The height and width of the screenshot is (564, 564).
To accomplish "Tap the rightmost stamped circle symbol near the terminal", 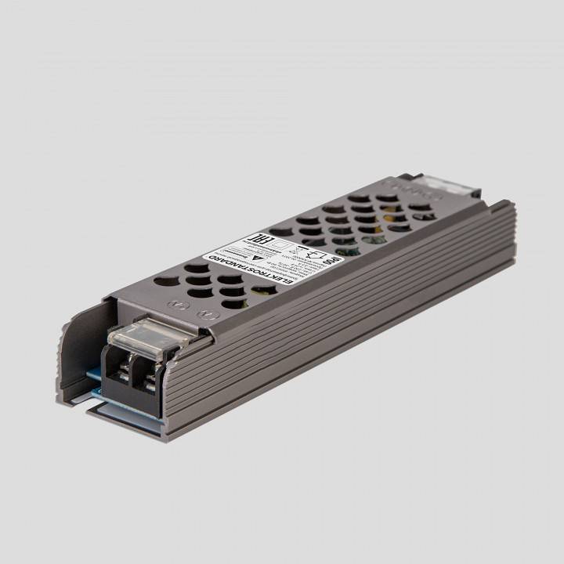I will [x=208, y=314].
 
